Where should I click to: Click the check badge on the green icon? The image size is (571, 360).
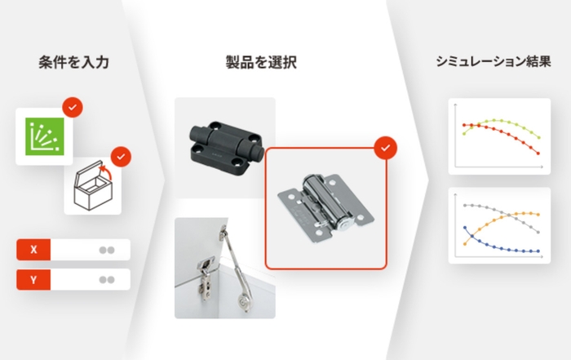(73, 107)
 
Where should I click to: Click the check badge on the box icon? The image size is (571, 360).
(121, 155)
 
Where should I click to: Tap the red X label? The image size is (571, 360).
(33, 249)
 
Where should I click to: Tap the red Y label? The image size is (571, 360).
(33, 279)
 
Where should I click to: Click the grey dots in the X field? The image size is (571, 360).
(106, 249)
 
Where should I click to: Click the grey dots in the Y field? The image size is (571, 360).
(106, 279)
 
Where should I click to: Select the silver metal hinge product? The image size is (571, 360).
(325, 207)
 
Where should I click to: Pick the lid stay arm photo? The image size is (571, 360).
(224, 267)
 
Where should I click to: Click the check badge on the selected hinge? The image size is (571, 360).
(385, 148)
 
